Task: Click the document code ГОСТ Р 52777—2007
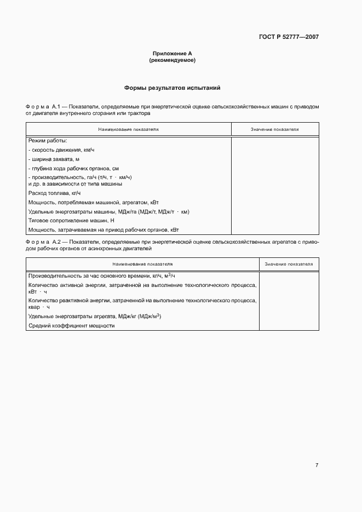[288, 37]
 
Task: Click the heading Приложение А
[172, 54]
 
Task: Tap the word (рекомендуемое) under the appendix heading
[172, 60]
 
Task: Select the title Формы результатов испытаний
[172, 88]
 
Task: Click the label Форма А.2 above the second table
[45, 241]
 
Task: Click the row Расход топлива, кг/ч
[54, 193]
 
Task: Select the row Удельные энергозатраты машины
[108, 211]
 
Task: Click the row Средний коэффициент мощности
[71, 326]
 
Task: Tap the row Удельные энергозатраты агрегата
[94, 317]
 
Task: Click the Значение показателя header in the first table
[274, 130]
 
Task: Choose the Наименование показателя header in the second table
[142, 264]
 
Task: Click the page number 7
[317, 465]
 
